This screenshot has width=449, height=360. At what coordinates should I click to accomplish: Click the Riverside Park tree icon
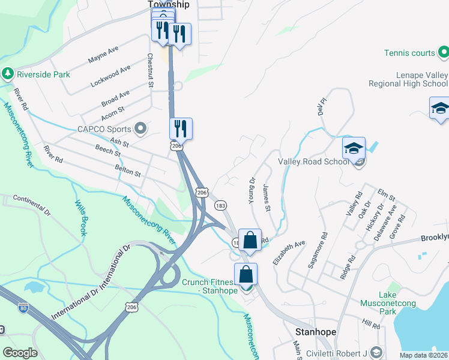8,74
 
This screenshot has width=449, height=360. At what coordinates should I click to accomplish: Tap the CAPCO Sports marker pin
141,128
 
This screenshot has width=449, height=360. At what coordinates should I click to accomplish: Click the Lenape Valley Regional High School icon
439,109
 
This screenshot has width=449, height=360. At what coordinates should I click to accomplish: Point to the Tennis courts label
410,53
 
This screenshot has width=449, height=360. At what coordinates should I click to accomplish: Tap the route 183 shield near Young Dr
220,205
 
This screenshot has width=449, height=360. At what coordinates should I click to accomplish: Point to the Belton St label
127,173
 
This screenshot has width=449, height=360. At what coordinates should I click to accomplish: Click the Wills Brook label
82,217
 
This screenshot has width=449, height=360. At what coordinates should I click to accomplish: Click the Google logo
20,353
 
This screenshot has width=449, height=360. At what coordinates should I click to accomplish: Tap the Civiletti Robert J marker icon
376,351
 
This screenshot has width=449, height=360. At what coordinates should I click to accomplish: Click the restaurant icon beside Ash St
180,128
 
